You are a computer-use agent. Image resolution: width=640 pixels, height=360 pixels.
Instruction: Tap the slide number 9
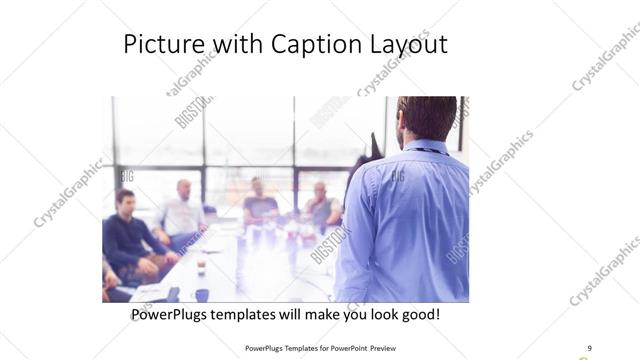[x=589, y=349]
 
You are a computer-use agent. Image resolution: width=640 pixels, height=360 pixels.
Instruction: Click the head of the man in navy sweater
[x=125, y=200]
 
